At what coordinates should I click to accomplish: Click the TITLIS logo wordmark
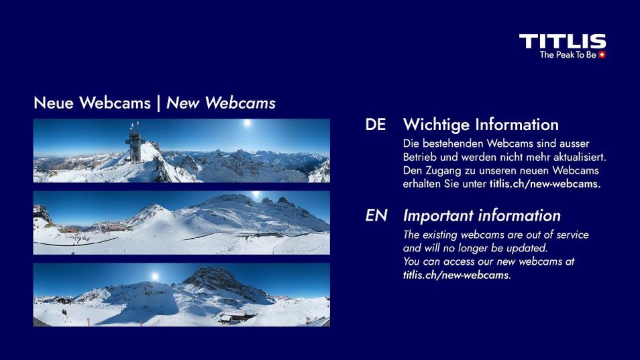(562, 42)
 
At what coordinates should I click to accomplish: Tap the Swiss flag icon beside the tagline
(602, 55)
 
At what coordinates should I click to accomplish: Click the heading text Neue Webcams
(92, 103)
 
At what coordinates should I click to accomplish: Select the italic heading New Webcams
(221, 103)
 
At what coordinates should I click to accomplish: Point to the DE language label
(375, 125)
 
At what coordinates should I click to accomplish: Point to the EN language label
(376, 216)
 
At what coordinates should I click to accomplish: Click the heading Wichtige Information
(480, 125)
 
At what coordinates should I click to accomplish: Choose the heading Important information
(482, 216)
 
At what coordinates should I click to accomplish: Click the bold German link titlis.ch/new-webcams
(545, 184)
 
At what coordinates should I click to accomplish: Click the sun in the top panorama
(247, 124)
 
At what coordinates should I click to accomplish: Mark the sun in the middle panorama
(255, 195)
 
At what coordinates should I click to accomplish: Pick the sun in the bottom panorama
(154, 276)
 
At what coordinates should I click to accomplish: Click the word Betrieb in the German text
(419, 157)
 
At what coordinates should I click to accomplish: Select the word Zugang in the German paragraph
(442, 170)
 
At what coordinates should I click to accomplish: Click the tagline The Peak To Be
(568, 55)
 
